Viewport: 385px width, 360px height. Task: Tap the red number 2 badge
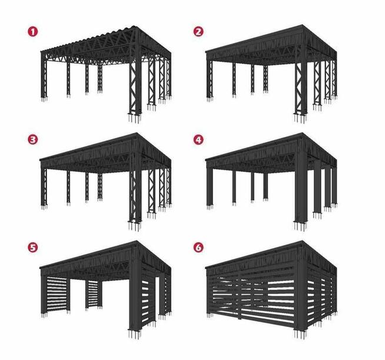coord(198,31)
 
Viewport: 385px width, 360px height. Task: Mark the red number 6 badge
coord(198,247)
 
